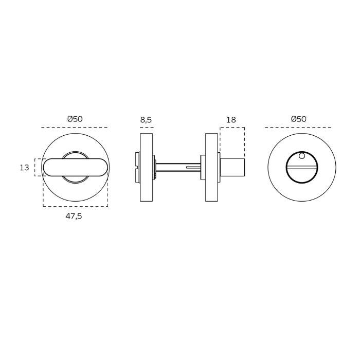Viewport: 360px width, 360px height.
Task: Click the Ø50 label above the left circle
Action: coord(75,119)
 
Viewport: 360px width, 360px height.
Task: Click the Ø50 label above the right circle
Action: coord(298,119)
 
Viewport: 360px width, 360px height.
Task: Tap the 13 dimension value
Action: coord(24,168)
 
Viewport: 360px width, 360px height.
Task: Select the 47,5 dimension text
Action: coord(74,216)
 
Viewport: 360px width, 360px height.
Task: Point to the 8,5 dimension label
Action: coord(146,120)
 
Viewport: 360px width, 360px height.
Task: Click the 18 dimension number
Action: coord(230,120)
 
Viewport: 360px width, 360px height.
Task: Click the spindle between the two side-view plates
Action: coord(177,167)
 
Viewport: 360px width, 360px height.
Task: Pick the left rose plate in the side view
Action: coord(147,167)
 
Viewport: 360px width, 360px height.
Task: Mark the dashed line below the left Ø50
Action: coord(75,127)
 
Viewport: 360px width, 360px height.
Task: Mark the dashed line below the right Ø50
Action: coord(298,127)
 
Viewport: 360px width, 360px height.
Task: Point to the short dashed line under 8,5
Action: coord(147,127)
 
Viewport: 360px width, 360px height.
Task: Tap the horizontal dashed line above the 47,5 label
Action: coord(75,206)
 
